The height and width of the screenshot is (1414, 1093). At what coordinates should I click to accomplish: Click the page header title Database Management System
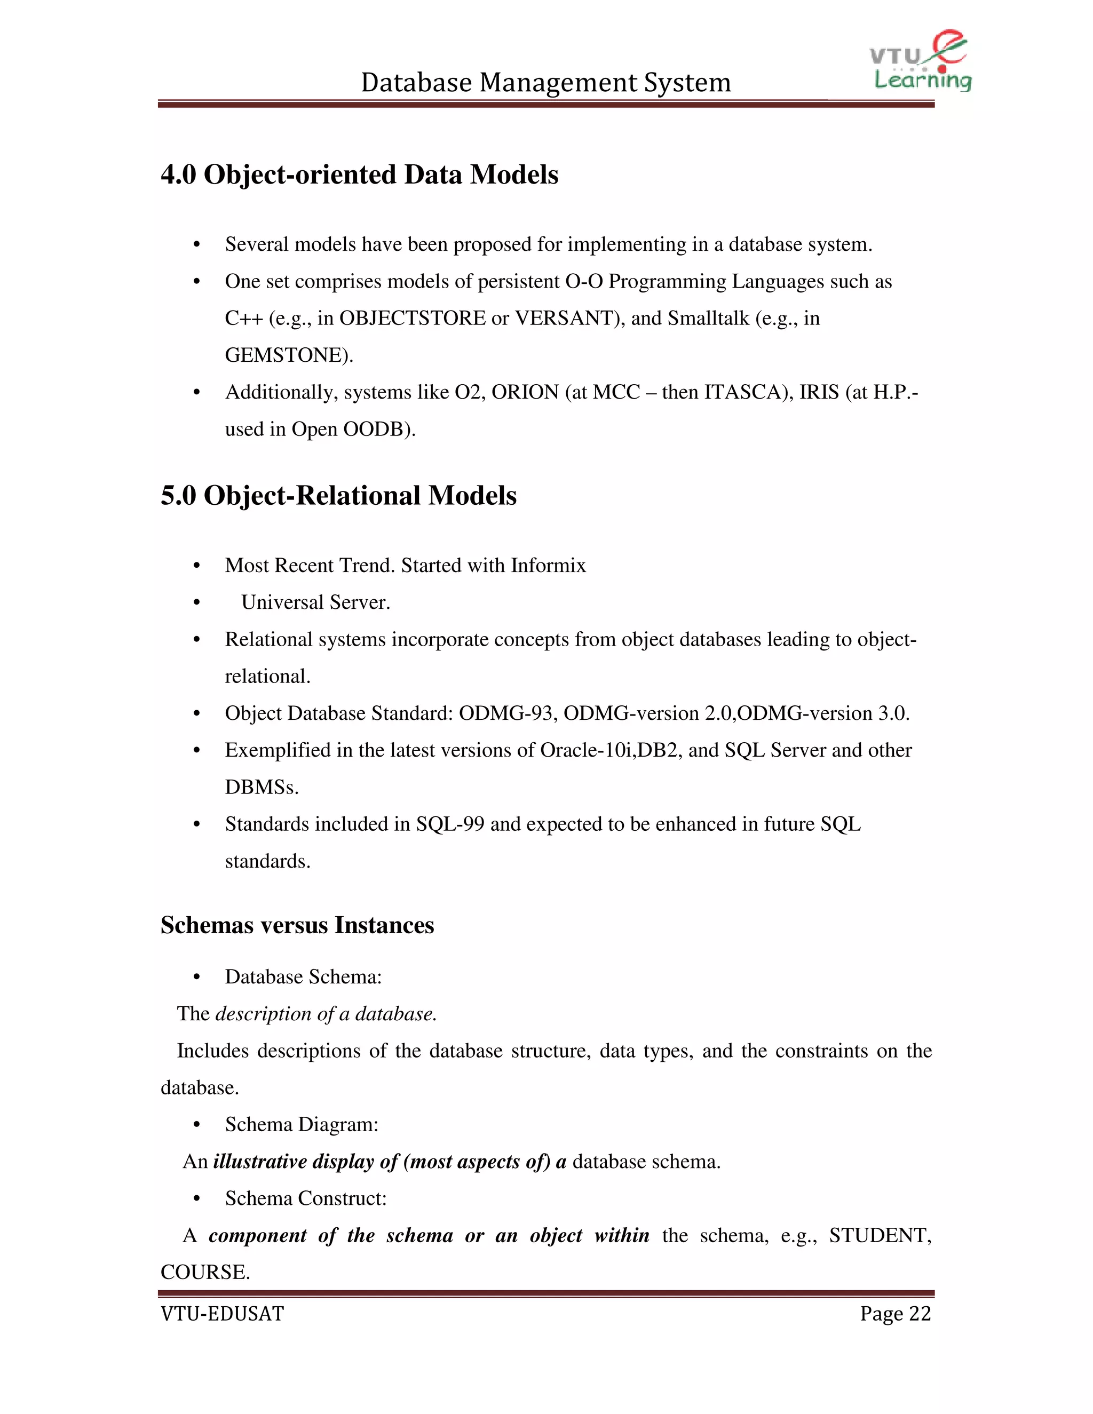[x=546, y=83]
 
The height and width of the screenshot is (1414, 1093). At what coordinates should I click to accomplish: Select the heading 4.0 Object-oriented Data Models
[x=359, y=175]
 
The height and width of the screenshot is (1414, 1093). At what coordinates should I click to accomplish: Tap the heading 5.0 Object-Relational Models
[x=339, y=496]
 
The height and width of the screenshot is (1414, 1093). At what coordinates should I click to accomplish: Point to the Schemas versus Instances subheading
[x=297, y=925]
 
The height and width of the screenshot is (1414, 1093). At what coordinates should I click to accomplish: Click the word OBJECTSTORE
[x=413, y=319]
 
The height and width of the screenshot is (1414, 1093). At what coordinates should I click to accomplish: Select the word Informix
[x=548, y=566]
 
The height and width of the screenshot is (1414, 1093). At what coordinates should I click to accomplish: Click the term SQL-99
[x=449, y=824]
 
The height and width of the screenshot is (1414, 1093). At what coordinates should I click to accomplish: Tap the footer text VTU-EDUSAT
[x=222, y=1314]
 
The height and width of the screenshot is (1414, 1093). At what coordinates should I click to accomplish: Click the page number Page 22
[x=895, y=1314]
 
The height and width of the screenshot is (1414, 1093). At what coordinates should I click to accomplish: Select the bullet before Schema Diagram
[x=197, y=1125]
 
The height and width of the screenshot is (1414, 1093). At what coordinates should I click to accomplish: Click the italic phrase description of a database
[x=325, y=1014]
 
